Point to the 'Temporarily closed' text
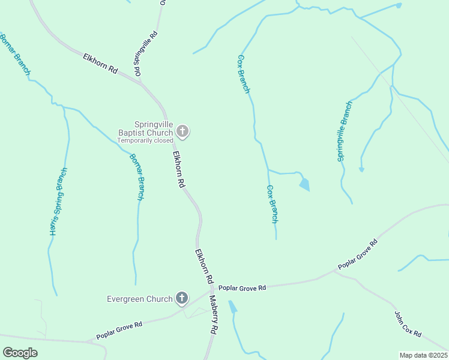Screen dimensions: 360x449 coord(145,140)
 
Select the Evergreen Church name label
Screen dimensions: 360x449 coord(140,299)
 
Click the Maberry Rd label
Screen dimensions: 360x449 coord(212,314)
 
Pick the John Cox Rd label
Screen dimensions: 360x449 coord(408,323)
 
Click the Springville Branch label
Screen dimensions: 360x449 coord(344,131)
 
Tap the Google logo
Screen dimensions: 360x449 coord(20,353)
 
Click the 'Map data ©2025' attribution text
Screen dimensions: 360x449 coord(424,355)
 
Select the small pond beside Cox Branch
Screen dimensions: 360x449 coord(304,184)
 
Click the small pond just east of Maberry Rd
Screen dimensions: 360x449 coord(232,307)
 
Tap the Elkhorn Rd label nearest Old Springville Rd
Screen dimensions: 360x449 coord(100,62)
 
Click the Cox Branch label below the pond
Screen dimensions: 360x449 coord(272,204)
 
